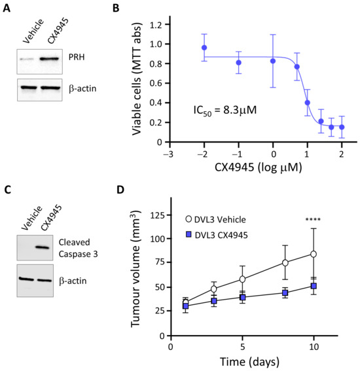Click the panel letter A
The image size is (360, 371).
pyautogui.click(x=7, y=8)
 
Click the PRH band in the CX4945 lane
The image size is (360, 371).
pyautogui.click(x=50, y=59)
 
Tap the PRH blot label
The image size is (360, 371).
pyautogui.click(x=77, y=57)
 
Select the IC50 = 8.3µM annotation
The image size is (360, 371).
pyautogui.click(x=225, y=111)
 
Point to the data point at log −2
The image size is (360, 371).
pyautogui.click(x=204, y=48)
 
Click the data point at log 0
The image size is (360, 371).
pyautogui.click(x=273, y=61)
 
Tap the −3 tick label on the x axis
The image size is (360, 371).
pyautogui.click(x=168, y=154)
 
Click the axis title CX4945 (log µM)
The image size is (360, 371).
pyautogui.click(x=259, y=168)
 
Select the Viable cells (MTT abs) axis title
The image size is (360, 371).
pyautogui.click(x=137, y=79)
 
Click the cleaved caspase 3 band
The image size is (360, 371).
pyautogui.click(x=43, y=247)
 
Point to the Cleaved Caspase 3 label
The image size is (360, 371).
pyautogui.click(x=78, y=248)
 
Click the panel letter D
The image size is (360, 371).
pyautogui.click(x=120, y=190)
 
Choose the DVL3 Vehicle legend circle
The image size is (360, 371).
pyautogui.click(x=189, y=219)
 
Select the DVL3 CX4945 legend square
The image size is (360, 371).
pyautogui.click(x=189, y=235)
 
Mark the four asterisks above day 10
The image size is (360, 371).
pyautogui.click(x=313, y=219)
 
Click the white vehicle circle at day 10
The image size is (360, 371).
pyautogui.click(x=314, y=254)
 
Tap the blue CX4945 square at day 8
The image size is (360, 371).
pyautogui.click(x=285, y=293)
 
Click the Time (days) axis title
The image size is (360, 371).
pyautogui.click(x=249, y=362)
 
